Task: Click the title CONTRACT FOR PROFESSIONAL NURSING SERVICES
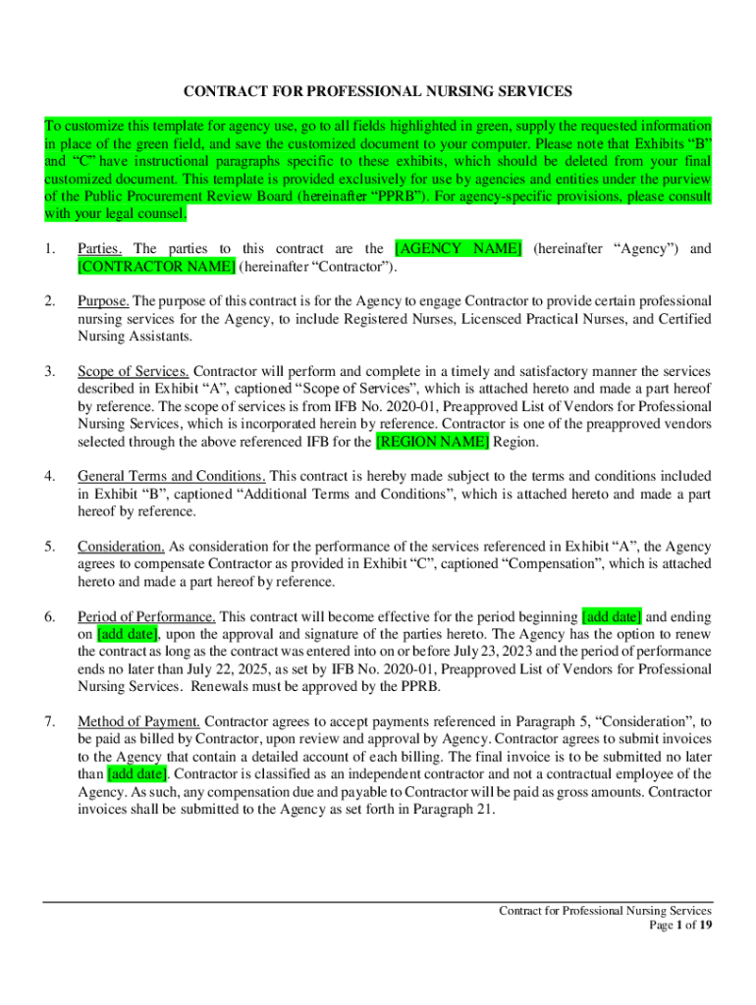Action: coord(378,91)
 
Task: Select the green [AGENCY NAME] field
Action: coord(458,248)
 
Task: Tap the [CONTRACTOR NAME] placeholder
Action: coord(156,266)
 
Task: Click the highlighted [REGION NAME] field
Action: coord(432,442)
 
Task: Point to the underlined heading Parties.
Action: coord(100,248)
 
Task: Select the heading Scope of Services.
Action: coord(134,371)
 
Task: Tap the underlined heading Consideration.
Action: coord(122,547)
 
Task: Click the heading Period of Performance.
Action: coord(147,617)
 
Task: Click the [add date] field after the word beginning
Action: coord(612,617)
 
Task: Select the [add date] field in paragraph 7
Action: coord(136,775)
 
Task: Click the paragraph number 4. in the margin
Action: coord(50,476)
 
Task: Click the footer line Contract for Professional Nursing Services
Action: coord(606,910)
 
